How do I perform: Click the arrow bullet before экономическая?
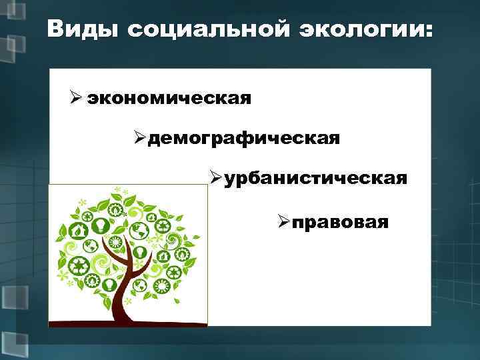[x=75, y=98]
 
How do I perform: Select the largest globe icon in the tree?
[x=139, y=229]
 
